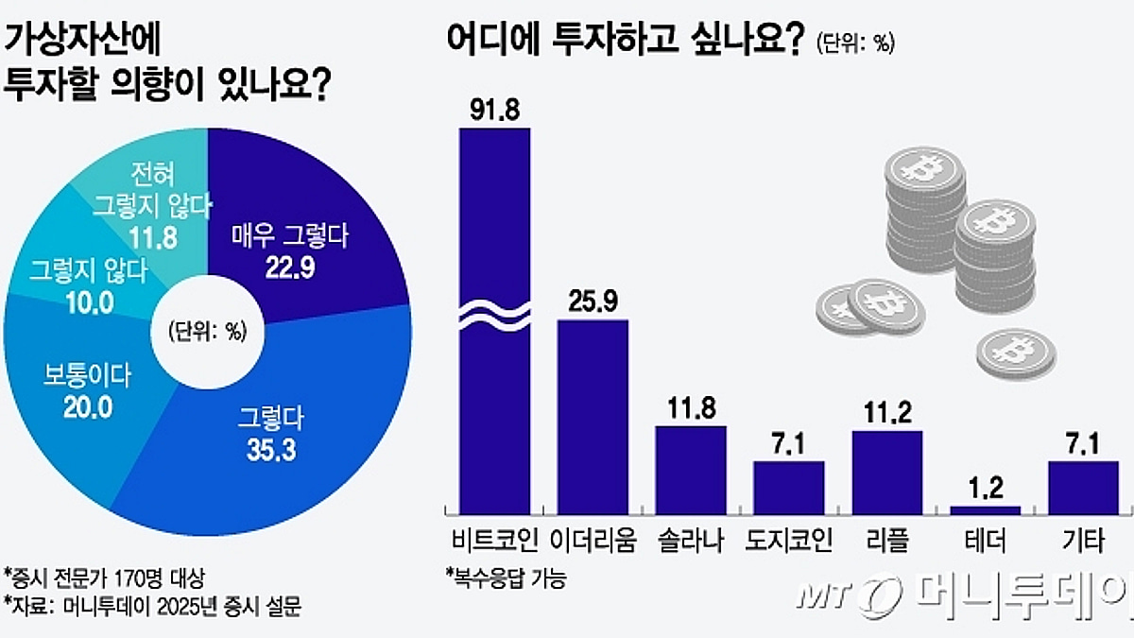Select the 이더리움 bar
[x=593, y=416]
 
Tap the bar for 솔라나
[x=691, y=469]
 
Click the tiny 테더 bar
[x=986, y=509]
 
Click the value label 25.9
[x=593, y=302]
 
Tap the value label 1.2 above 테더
[x=986, y=489]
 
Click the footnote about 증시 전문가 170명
[x=104, y=577]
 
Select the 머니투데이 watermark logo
[x=964, y=595]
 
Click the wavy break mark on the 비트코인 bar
[x=494, y=315]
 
